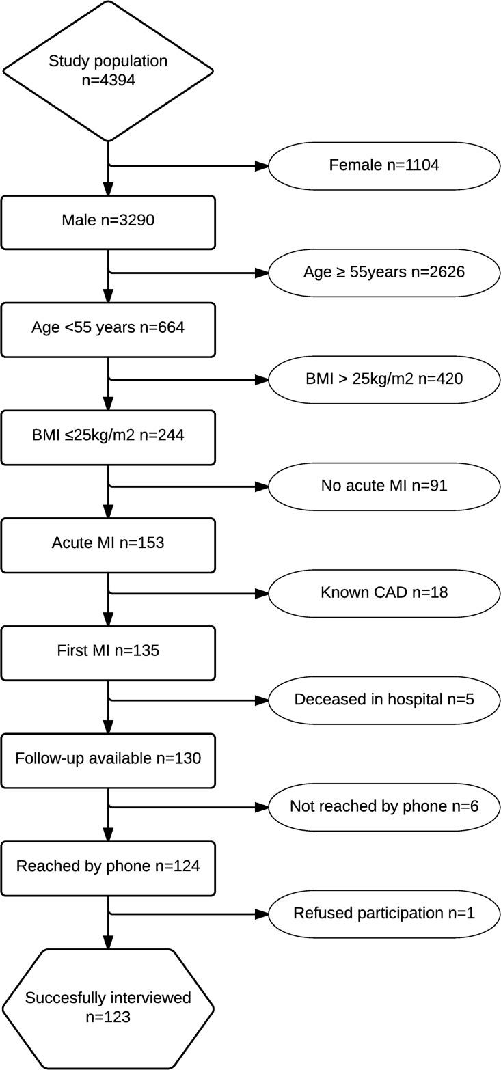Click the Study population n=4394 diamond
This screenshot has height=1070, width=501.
[x=108, y=70]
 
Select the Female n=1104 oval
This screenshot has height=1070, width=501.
[x=384, y=165]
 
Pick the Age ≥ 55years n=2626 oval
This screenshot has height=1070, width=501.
[x=384, y=272]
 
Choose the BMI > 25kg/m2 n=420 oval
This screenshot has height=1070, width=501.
[x=384, y=379]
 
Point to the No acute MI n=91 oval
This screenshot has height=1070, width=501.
[x=384, y=486]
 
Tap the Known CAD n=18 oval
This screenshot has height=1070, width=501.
[x=384, y=593]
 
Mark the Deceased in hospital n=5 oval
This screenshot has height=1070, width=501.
[x=384, y=700]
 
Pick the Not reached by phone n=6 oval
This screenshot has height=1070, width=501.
[x=384, y=807]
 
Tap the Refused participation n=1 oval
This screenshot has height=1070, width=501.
[x=384, y=914]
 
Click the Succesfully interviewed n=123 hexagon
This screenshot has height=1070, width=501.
[x=108, y=1008]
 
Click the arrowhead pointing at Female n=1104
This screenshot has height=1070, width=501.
[x=262, y=165]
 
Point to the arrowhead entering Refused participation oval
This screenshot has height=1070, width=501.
[x=262, y=914]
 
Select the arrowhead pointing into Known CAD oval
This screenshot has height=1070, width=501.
[x=262, y=594]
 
